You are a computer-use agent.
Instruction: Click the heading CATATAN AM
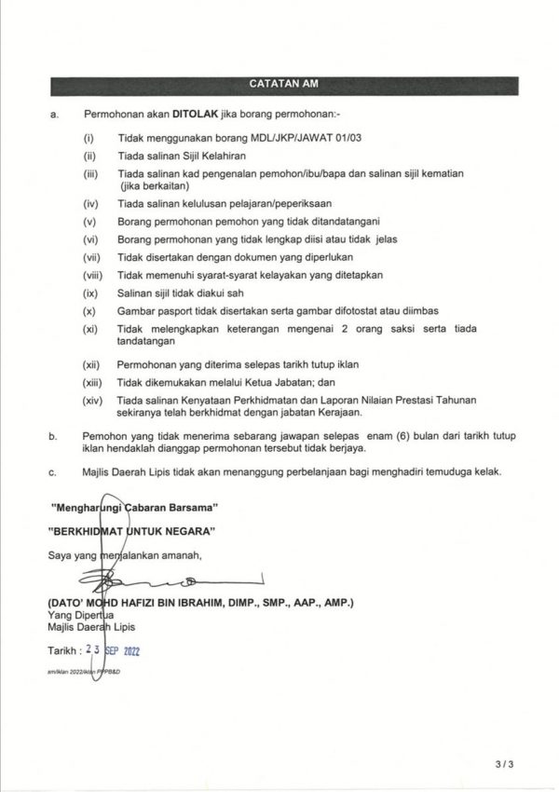pyautogui.click(x=284, y=84)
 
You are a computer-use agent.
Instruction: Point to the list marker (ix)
pyautogui.click(x=90, y=293)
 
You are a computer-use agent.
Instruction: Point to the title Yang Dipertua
pyautogui.click(x=80, y=615)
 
